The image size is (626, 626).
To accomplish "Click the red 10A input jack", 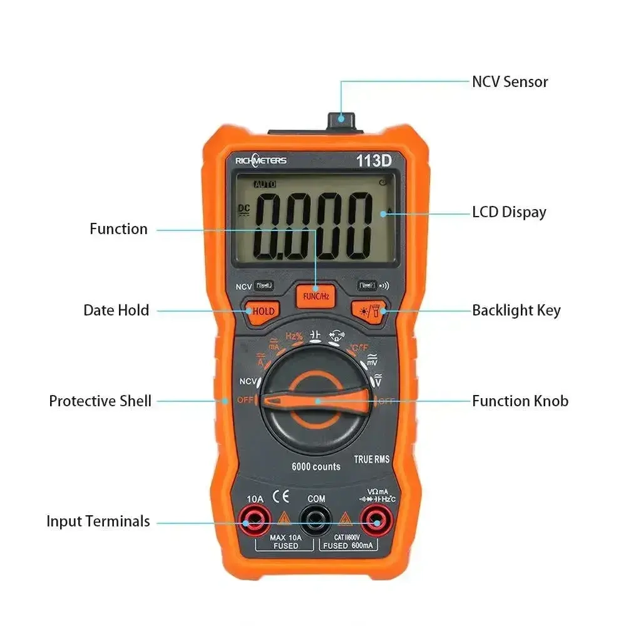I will (255, 519).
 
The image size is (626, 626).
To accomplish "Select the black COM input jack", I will (316, 520).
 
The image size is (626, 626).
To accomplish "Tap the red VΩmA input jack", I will (375, 519).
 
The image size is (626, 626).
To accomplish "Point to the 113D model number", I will (374, 160).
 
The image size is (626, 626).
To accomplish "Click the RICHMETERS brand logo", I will (261, 161).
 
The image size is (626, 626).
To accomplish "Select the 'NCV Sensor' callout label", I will (510, 81).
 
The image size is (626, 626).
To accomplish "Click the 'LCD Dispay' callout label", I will (509, 212).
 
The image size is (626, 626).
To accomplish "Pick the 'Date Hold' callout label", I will (116, 310).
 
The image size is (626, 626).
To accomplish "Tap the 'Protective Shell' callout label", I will (100, 401).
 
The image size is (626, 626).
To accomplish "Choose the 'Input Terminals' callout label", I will (98, 521).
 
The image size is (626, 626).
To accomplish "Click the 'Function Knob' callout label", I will (520, 401).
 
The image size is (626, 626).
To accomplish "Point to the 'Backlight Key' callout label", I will (516, 310).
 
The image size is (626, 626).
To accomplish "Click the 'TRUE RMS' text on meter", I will (372, 459).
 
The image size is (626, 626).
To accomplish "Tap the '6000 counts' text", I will (316, 466).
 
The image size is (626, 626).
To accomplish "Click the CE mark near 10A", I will (284, 496).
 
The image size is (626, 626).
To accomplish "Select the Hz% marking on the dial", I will (294, 336).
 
